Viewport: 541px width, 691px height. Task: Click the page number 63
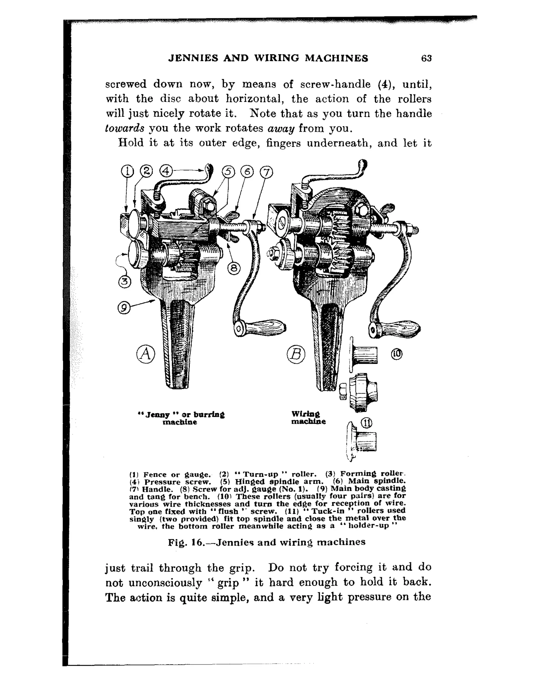(426, 58)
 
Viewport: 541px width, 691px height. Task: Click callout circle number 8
(234, 269)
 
